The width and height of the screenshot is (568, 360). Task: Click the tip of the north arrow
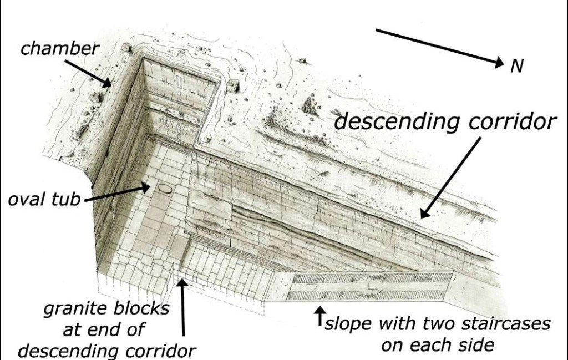(x=504, y=64)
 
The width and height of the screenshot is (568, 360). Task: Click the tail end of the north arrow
(x=376, y=30)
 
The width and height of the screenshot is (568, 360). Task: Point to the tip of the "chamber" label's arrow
(x=111, y=87)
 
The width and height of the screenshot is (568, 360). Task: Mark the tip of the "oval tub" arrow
(x=150, y=186)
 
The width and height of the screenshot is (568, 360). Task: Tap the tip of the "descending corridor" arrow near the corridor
(x=421, y=217)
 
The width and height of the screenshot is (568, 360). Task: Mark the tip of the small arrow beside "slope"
(x=319, y=307)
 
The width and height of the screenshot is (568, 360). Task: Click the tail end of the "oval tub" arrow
(x=84, y=200)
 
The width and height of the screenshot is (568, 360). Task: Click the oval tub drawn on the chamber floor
(x=165, y=189)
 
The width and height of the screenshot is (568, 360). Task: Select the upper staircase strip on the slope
(x=371, y=278)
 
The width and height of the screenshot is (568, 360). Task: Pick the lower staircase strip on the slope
(x=366, y=295)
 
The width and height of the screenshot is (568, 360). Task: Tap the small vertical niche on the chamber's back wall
(x=179, y=82)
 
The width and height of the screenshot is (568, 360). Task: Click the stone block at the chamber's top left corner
(x=126, y=47)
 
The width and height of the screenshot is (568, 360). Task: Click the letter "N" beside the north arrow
(x=517, y=66)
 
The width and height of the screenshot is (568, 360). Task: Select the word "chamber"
(x=60, y=48)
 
